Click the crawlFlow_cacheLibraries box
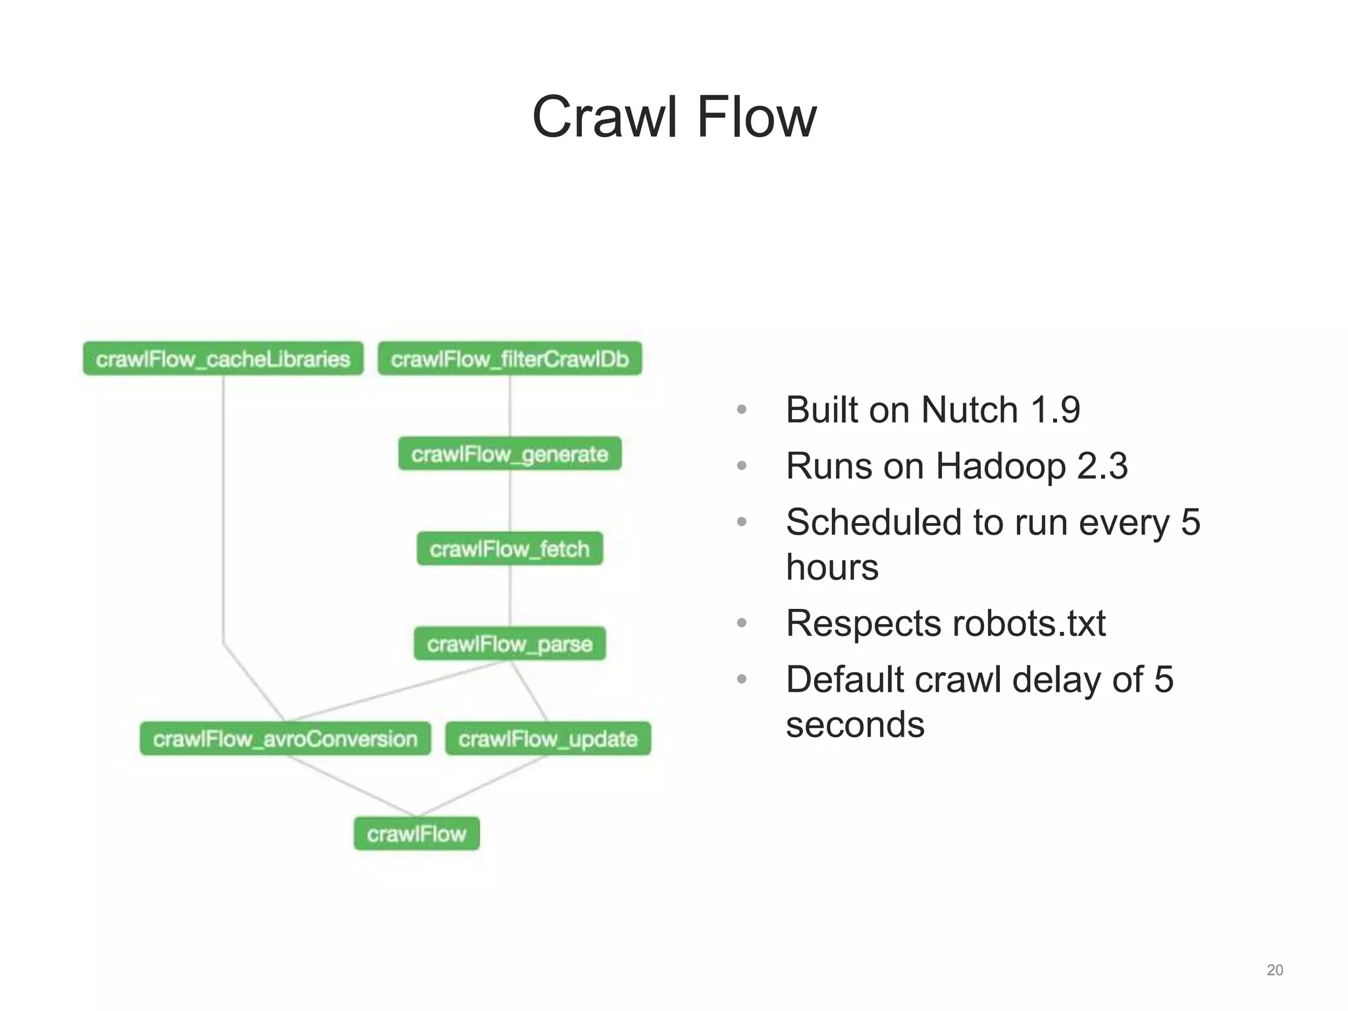(223, 359)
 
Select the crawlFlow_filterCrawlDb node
(509, 359)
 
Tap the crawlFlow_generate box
(509, 454)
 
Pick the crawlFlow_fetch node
(509, 548)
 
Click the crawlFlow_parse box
(509, 643)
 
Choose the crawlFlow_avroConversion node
(285, 739)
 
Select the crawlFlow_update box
(548, 739)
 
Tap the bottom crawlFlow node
(417, 833)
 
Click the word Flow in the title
(756, 117)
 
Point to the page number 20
(1274, 970)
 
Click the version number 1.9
(1055, 410)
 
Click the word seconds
(855, 725)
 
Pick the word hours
(832, 567)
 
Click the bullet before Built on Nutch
(742, 410)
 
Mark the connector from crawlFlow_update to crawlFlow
(484, 786)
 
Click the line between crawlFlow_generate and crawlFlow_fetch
(510, 501)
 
